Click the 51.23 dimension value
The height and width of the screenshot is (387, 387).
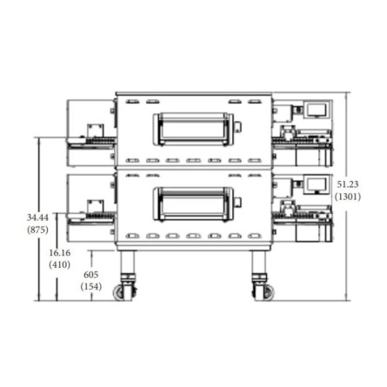(x=348, y=184)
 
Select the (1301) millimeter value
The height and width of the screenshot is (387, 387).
(x=348, y=197)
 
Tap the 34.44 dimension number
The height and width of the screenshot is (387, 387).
(x=37, y=217)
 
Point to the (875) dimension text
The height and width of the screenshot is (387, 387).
(x=37, y=230)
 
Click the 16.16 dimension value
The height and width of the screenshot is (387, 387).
(x=60, y=253)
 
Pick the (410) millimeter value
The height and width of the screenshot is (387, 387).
(x=60, y=264)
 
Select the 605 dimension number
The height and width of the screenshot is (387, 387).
(x=90, y=274)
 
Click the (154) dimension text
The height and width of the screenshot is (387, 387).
(x=91, y=286)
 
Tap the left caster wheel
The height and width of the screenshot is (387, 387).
(x=120, y=292)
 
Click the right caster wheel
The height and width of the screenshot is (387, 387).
(x=268, y=292)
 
